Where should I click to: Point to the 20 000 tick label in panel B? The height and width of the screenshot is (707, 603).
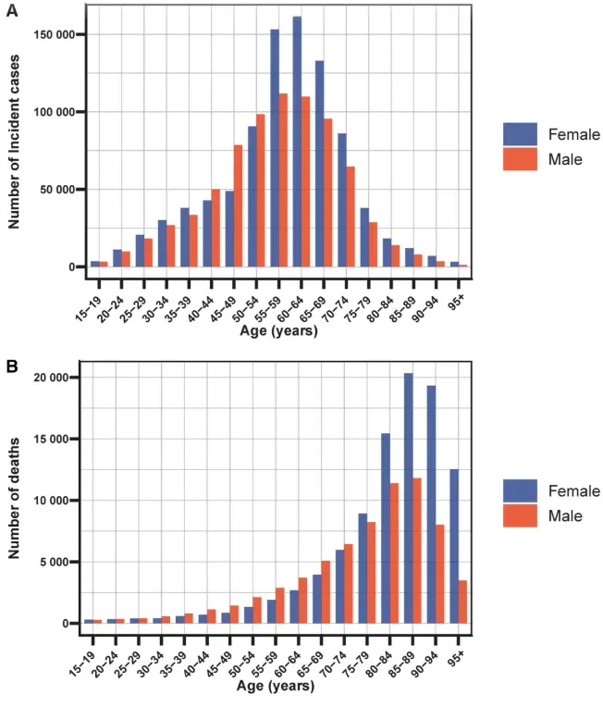49,378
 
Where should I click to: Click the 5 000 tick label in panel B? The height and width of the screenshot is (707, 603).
53,562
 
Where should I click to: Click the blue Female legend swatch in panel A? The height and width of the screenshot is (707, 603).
520,134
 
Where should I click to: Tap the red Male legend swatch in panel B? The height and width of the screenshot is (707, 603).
520,515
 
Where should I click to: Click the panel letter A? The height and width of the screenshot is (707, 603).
11,10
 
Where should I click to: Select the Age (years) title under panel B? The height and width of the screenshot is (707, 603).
275,686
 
